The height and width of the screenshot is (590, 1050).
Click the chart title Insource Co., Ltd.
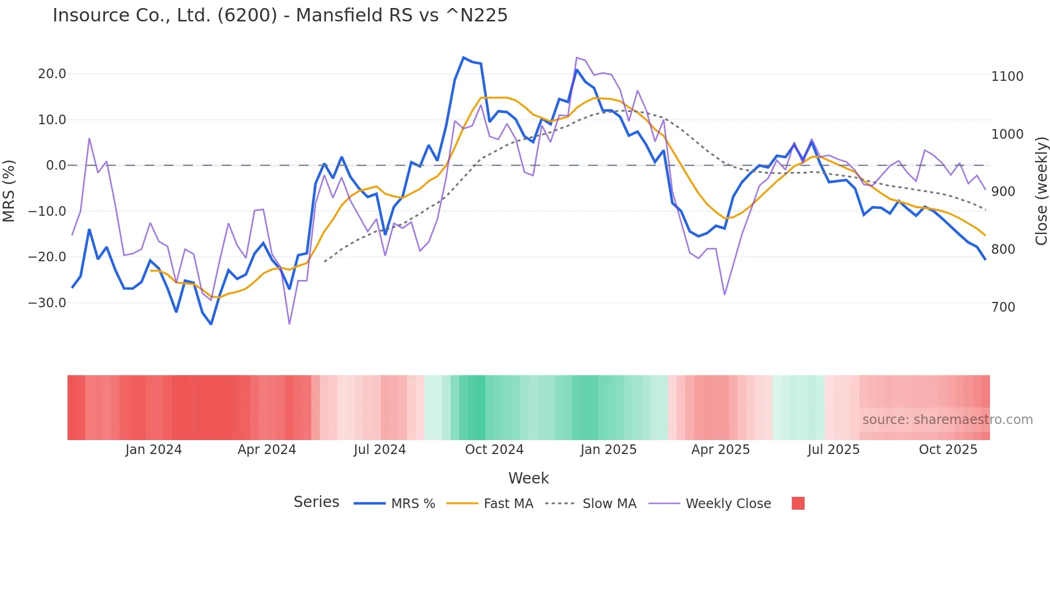(280, 16)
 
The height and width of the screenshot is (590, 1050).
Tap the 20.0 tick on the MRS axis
(52, 74)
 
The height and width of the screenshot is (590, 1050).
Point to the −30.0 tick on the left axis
(47, 303)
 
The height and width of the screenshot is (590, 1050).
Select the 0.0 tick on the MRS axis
(56, 165)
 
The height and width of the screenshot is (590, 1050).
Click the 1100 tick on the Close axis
(1007, 77)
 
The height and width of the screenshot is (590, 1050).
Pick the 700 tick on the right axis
(1003, 307)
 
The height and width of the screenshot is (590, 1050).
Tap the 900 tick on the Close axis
(1003, 192)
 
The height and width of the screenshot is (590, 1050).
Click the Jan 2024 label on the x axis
(153, 450)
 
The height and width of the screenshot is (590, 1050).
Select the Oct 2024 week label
(494, 450)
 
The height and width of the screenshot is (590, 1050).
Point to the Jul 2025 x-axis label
(833, 450)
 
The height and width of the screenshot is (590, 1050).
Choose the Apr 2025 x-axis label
(721, 450)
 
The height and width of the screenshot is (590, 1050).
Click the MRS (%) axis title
(9, 191)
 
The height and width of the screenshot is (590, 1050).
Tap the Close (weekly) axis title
(1041, 191)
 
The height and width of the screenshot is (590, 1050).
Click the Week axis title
(528, 478)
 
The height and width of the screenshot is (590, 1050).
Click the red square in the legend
(798, 503)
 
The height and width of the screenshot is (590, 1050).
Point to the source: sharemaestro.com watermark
(947, 420)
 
